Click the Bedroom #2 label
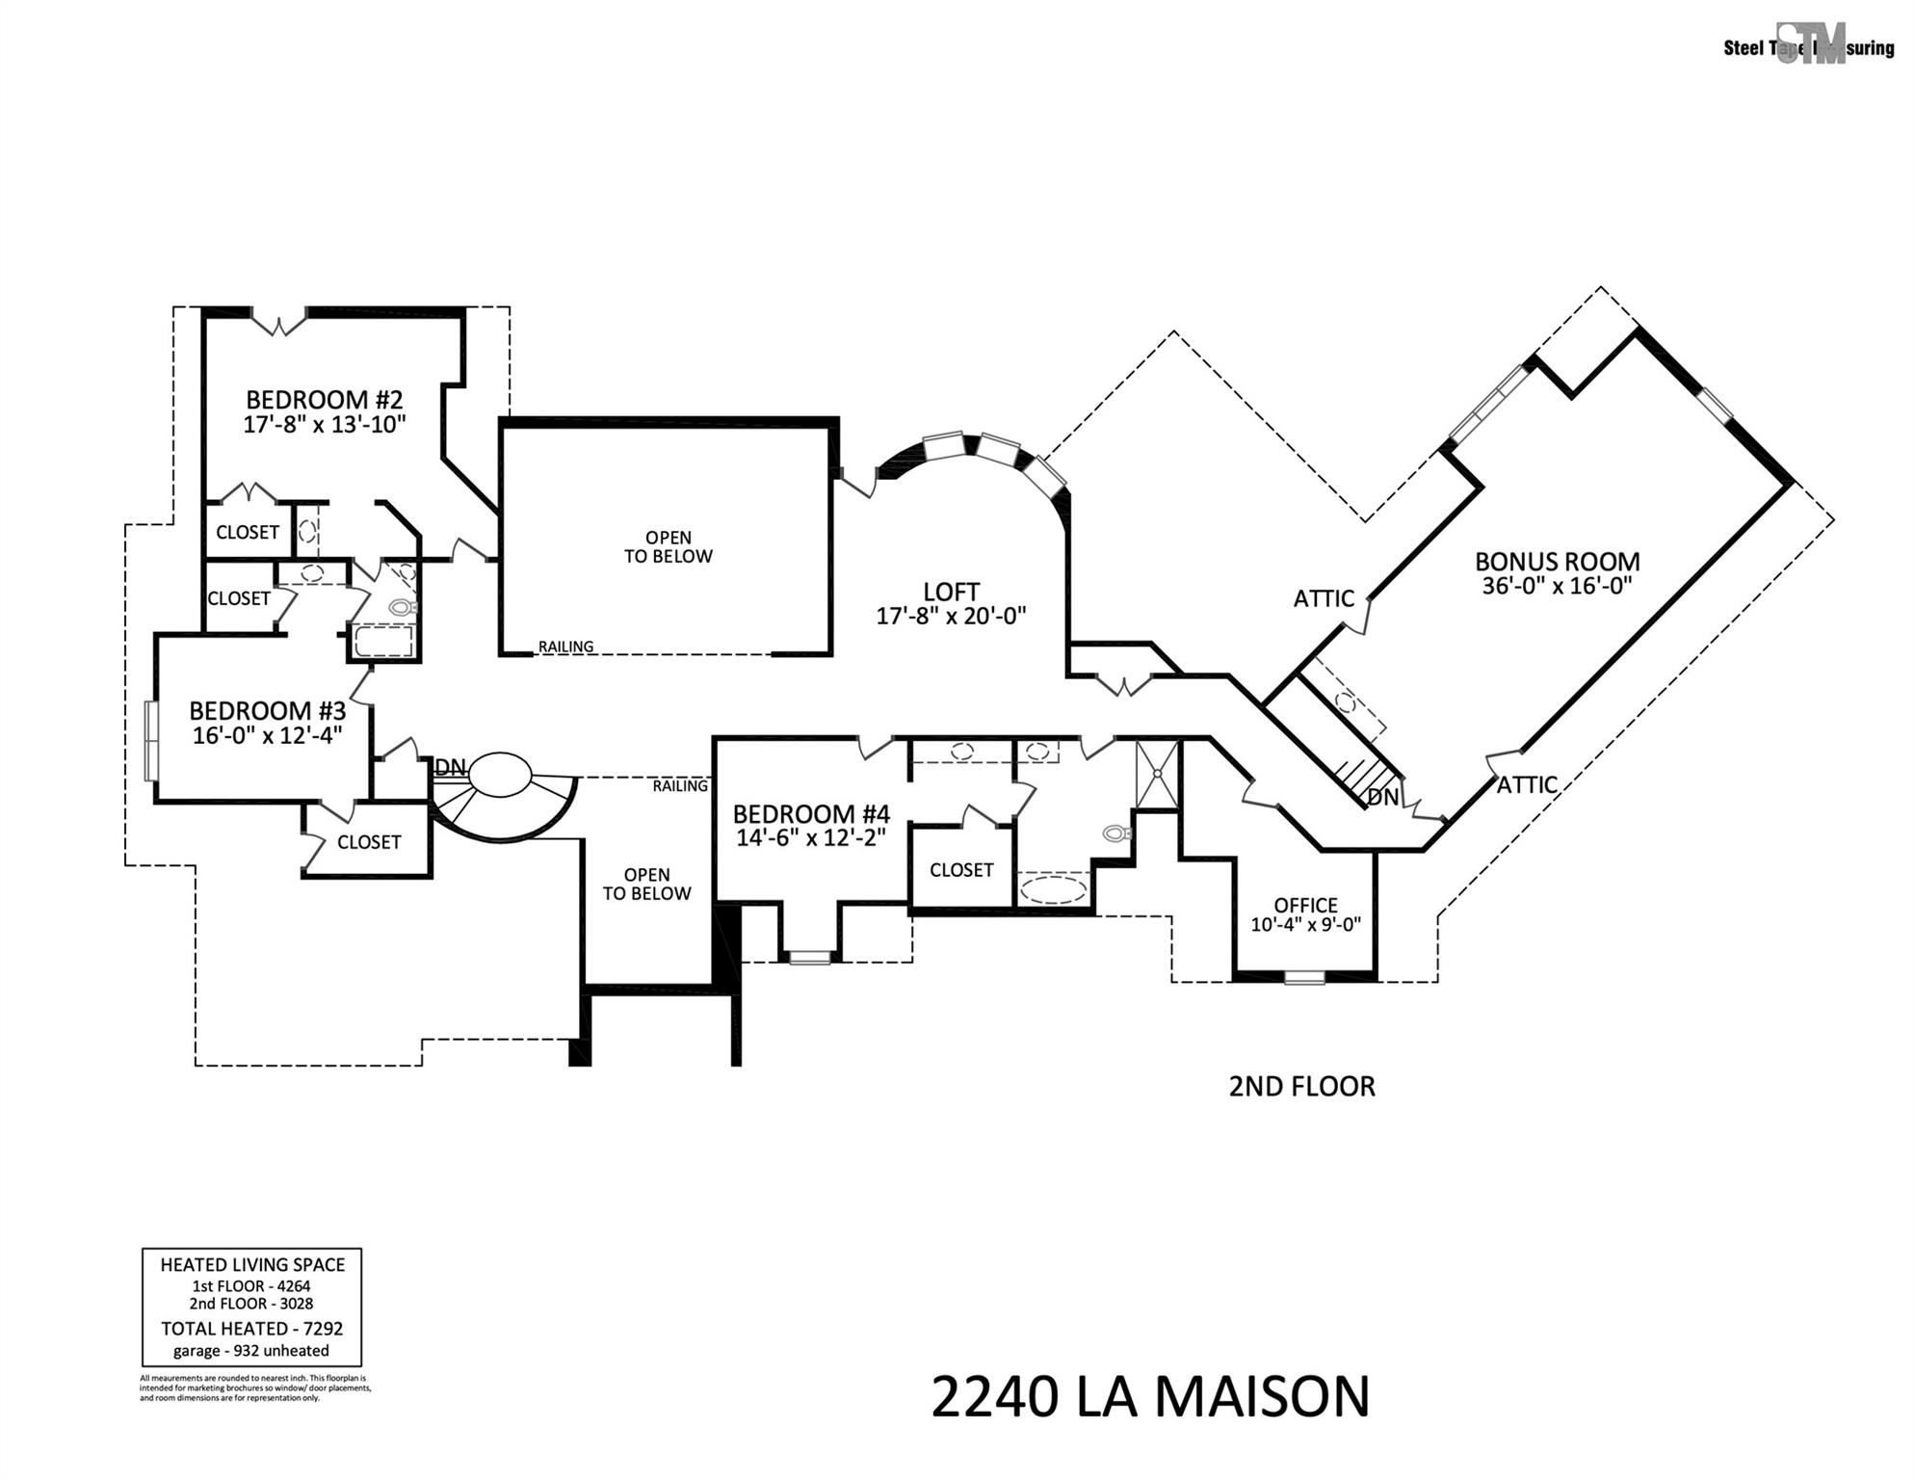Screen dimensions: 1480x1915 pos(324,399)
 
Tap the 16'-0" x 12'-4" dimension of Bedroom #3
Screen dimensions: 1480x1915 pos(267,735)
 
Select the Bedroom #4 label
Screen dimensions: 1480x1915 pos(811,814)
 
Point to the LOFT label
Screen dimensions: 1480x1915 pos(951,592)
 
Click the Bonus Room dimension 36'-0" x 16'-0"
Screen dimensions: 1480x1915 pos(1557,586)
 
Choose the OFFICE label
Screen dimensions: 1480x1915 pos(1305,905)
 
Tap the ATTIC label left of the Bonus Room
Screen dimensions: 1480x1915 pos(1324,598)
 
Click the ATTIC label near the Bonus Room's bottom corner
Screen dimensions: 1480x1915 pos(1527,784)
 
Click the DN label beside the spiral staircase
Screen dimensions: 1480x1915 pos(450,767)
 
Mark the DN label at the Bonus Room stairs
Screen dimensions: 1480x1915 pos(1382,797)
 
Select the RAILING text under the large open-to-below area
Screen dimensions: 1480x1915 pos(565,647)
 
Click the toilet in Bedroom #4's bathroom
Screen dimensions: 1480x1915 pos(1117,832)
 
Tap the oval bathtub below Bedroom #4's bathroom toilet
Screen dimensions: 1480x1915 pos(1054,887)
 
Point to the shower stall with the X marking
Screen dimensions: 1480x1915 pos(1156,773)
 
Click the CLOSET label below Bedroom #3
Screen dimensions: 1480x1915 pos(368,842)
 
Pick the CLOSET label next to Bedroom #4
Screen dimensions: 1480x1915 pos(960,870)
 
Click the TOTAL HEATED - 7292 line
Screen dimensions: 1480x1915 pos(251,1329)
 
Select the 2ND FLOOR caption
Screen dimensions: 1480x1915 pos(1301,1086)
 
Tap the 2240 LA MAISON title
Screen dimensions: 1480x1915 pos(1150,1397)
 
